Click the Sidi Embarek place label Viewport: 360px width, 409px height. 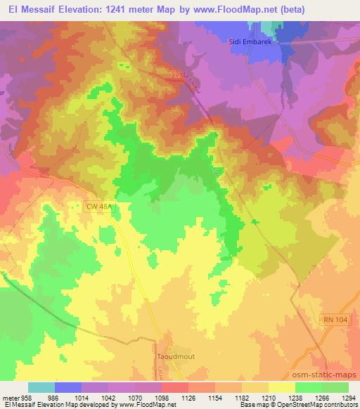250,41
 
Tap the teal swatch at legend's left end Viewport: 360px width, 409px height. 41,387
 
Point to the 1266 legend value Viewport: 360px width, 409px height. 307,398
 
